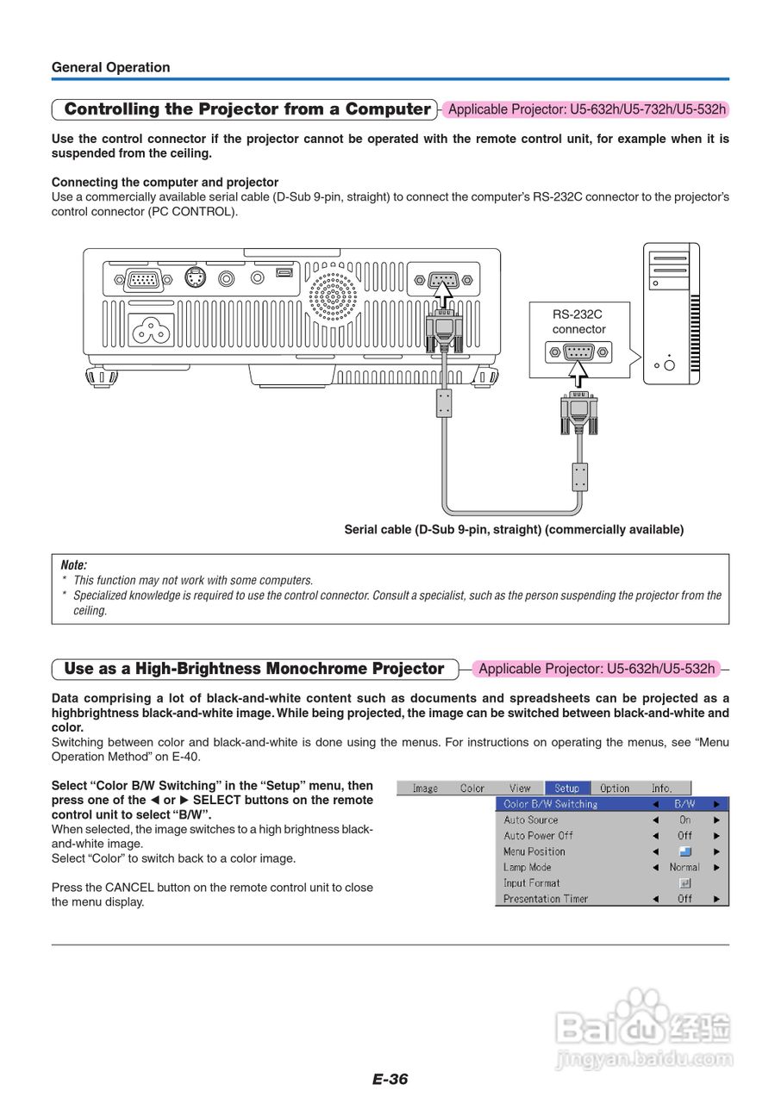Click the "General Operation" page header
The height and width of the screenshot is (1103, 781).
[x=110, y=67]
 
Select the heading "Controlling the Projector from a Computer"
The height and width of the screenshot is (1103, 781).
[x=247, y=109]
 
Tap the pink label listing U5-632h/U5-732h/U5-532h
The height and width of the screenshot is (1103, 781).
[x=586, y=109]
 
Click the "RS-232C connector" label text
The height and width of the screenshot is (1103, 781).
[x=578, y=322]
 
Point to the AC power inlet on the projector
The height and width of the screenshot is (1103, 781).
[x=152, y=328]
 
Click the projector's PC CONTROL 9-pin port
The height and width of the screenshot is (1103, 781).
[x=442, y=280]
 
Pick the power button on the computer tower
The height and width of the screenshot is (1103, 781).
[x=670, y=365]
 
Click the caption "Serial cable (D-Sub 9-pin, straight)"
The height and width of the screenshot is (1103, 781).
[x=514, y=530]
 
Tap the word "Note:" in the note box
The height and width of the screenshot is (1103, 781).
[x=74, y=565]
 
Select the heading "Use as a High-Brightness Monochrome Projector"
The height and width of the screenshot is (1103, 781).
[x=254, y=669]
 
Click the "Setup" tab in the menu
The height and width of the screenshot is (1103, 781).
[x=566, y=788]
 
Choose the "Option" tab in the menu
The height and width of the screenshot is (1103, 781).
[x=615, y=788]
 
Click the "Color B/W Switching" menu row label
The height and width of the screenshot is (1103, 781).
[x=550, y=804]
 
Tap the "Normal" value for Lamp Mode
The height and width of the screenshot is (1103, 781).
[x=684, y=867]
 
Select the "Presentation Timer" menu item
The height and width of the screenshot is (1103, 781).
[x=546, y=899]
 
